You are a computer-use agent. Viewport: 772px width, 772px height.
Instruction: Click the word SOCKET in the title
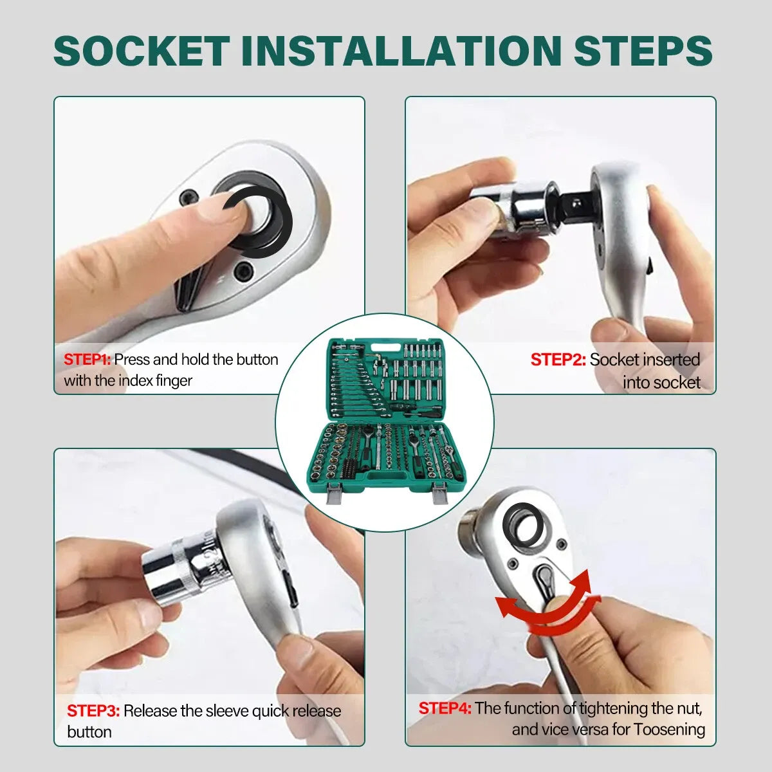point(142,50)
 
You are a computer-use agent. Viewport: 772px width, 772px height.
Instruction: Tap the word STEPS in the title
point(643,50)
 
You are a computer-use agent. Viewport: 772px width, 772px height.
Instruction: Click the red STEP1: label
point(87,360)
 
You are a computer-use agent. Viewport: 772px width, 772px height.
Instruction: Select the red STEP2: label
point(558,360)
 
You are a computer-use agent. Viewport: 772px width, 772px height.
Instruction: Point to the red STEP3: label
point(93,711)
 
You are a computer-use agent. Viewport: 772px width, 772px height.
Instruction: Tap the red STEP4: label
point(445,708)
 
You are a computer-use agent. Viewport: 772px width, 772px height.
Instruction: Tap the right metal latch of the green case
point(440,493)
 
